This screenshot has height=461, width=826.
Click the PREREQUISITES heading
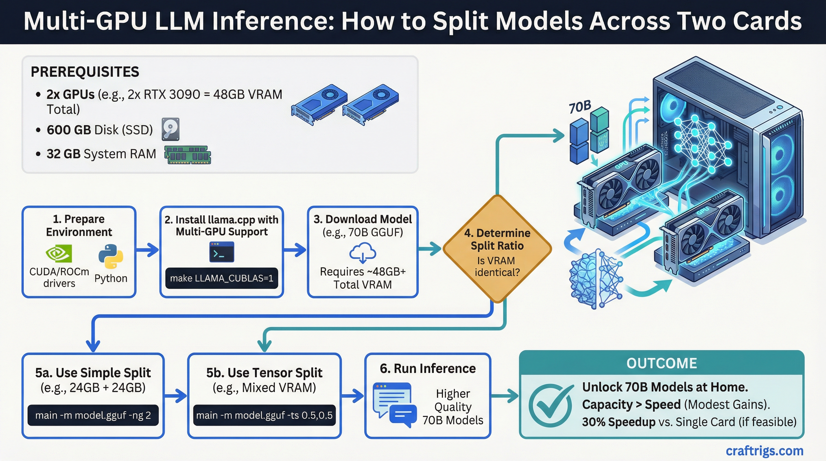point(85,72)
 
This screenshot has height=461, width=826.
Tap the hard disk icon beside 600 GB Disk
point(170,129)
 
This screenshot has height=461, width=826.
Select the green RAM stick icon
point(188,155)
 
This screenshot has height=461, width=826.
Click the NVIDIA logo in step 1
point(59,254)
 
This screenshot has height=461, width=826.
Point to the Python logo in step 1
point(111,256)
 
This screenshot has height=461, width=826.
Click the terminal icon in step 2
point(222,252)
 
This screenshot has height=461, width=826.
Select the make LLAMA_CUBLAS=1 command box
point(222,278)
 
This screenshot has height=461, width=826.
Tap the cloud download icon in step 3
point(363,252)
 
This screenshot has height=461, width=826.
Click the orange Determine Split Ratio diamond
point(497,249)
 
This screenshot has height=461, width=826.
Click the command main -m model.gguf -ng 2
point(93,415)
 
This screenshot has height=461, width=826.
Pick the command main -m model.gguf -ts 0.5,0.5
point(264,415)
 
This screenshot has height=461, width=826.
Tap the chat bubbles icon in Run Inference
point(395,405)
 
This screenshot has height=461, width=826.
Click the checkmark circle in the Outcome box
point(550,405)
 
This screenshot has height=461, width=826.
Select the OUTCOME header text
point(662,363)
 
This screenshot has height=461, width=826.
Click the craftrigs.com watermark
point(764,451)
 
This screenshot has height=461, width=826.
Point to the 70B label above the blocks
point(580,107)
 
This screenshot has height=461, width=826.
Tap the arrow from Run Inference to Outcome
point(505,396)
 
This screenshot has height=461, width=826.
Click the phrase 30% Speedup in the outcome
point(619,422)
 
